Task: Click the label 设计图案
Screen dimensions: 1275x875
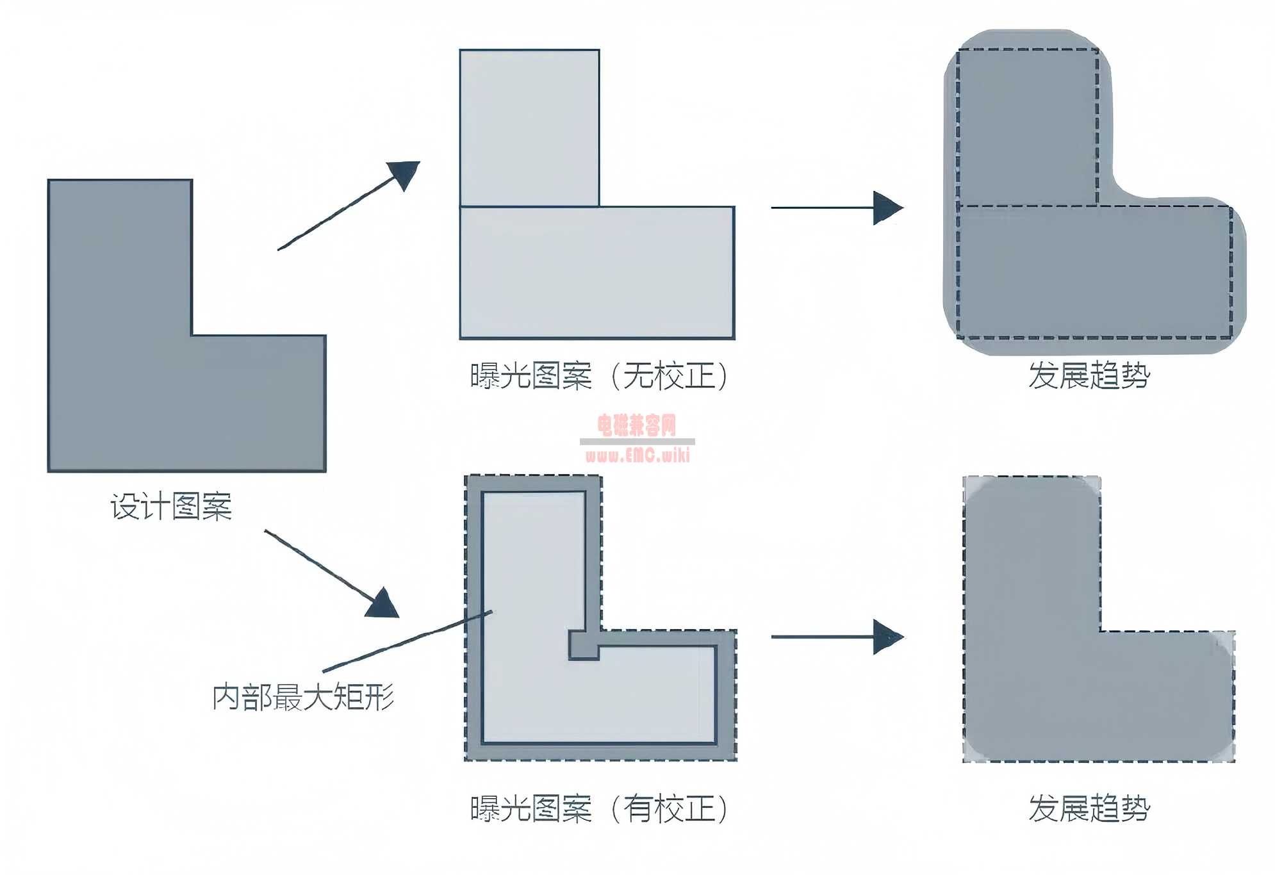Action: [x=171, y=507]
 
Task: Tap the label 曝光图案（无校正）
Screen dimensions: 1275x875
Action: [x=600, y=375]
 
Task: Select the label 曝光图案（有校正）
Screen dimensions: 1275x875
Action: [x=600, y=808]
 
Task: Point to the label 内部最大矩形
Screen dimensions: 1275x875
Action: [x=303, y=697]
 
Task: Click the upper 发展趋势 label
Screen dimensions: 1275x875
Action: [x=1089, y=375]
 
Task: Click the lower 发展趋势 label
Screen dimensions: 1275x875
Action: [x=1089, y=808]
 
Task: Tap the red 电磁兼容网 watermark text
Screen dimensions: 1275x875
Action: [x=637, y=425]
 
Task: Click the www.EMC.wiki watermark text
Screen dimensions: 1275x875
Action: [x=637, y=455]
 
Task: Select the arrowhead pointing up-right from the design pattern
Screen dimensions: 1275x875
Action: [x=405, y=174]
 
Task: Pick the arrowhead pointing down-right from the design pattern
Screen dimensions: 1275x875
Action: [x=383, y=604]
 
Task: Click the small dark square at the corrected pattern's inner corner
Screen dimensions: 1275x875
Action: [x=584, y=645]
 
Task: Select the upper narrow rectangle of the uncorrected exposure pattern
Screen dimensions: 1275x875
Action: [x=529, y=128]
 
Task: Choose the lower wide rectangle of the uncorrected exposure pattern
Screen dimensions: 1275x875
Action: [x=597, y=272]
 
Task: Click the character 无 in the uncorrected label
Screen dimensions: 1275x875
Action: [x=638, y=375]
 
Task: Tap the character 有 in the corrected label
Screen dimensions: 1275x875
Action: [x=638, y=808]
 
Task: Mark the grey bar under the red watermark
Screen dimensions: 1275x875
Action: [x=637, y=441]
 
